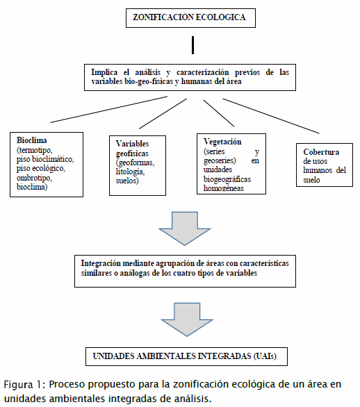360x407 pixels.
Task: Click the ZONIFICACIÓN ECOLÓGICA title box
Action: pos(190,18)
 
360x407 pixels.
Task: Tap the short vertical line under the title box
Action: pos(193,45)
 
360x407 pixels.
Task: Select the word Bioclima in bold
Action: pos(32,140)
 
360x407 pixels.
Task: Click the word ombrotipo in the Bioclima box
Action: pos(34,178)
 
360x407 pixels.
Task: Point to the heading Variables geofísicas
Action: pos(133,149)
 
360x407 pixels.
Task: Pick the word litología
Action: pos(130,172)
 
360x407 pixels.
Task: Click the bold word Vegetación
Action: pos(222,142)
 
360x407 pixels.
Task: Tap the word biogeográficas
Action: pos(227,179)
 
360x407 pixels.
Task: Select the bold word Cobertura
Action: pos(321,152)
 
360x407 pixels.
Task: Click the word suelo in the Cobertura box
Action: pos(311,180)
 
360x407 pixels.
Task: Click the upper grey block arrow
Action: pos(185,229)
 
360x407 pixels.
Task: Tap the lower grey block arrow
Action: pos(187,319)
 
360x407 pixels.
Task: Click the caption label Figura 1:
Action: pos(25,384)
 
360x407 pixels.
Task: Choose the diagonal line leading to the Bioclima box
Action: pos(108,110)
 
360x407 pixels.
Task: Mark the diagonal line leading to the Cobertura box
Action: pos(271,116)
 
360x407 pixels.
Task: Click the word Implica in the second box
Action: pos(104,72)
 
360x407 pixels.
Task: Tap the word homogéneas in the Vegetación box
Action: pos(224,188)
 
